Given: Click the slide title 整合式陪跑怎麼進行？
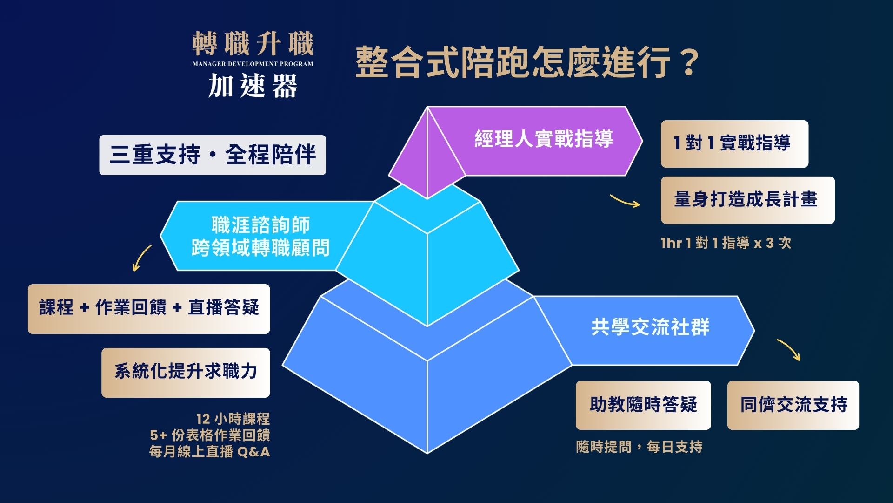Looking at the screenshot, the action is tap(527, 62).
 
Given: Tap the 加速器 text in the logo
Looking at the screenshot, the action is tap(253, 86).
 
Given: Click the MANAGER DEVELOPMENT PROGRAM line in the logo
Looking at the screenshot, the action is tap(253, 64).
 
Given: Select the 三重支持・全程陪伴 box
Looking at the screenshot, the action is tap(213, 155).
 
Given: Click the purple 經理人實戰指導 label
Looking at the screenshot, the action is tap(544, 139).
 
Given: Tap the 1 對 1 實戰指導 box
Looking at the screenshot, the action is tap(734, 144).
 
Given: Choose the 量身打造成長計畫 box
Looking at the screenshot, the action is tap(747, 200).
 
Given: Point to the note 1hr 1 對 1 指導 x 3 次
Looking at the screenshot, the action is tap(726, 243).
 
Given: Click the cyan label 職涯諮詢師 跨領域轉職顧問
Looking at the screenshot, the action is tap(260, 236).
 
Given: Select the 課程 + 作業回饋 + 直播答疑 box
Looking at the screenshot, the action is tap(149, 309).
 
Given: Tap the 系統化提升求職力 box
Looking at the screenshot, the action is tap(186, 373).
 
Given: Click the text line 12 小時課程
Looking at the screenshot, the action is tap(233, 419).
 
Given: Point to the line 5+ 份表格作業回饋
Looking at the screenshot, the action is tap(210, 435).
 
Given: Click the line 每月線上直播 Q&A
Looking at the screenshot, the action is tap(209, 451).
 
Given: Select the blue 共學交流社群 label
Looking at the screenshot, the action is tap(650, 327).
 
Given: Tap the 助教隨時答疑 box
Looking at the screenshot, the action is tap(643, 405).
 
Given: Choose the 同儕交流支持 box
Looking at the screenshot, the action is tap(793, 405).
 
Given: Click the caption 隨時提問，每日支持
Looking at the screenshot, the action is tap(639, 447).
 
